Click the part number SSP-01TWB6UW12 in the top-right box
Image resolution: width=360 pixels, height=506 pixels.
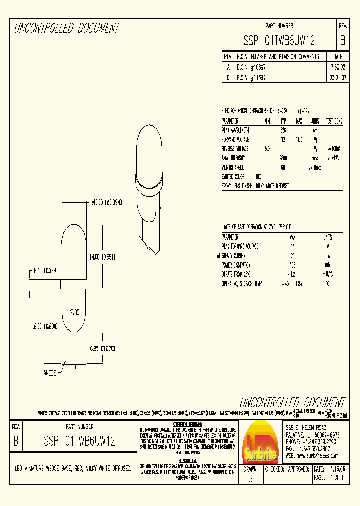tap(279, 40)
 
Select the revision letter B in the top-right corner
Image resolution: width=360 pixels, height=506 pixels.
tap(342, 40)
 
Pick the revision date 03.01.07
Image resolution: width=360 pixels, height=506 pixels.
tap(337, 78)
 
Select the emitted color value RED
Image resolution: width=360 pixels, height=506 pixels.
tap(258, 177)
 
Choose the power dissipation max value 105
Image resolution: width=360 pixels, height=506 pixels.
tap(293, 265)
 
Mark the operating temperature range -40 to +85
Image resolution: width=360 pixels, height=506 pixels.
tap(293, 284)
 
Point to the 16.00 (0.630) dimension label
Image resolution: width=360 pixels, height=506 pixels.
tap(45, 326)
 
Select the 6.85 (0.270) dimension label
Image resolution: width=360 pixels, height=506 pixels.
tap(103, 348)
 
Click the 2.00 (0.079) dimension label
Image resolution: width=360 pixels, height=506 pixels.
tap(45, 270)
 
